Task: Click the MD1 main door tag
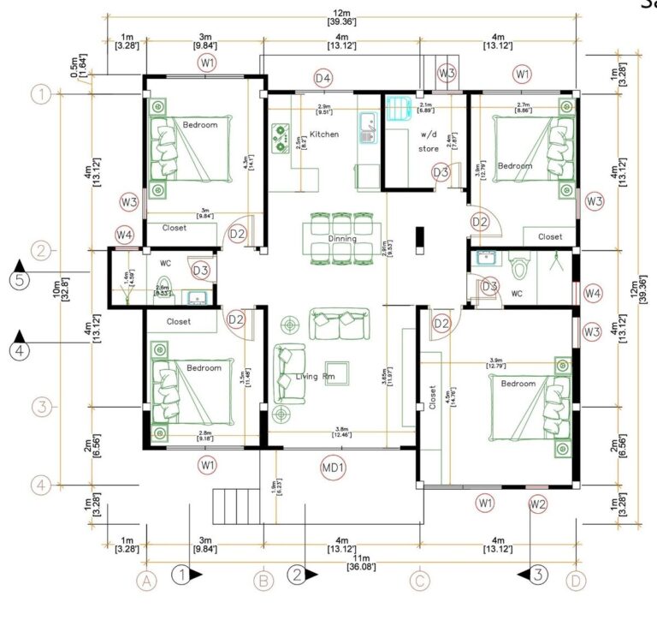tap(333, 468)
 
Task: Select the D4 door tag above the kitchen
tap(323, 79)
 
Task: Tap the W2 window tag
tap(537, 503)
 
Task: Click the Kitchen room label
tap(324, 134)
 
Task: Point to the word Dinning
tap(342, 239)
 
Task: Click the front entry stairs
tap(237, 501)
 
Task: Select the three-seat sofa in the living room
tap(340, 324)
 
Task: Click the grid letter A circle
tap(147, 581)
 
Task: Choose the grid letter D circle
tap(577, 581)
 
